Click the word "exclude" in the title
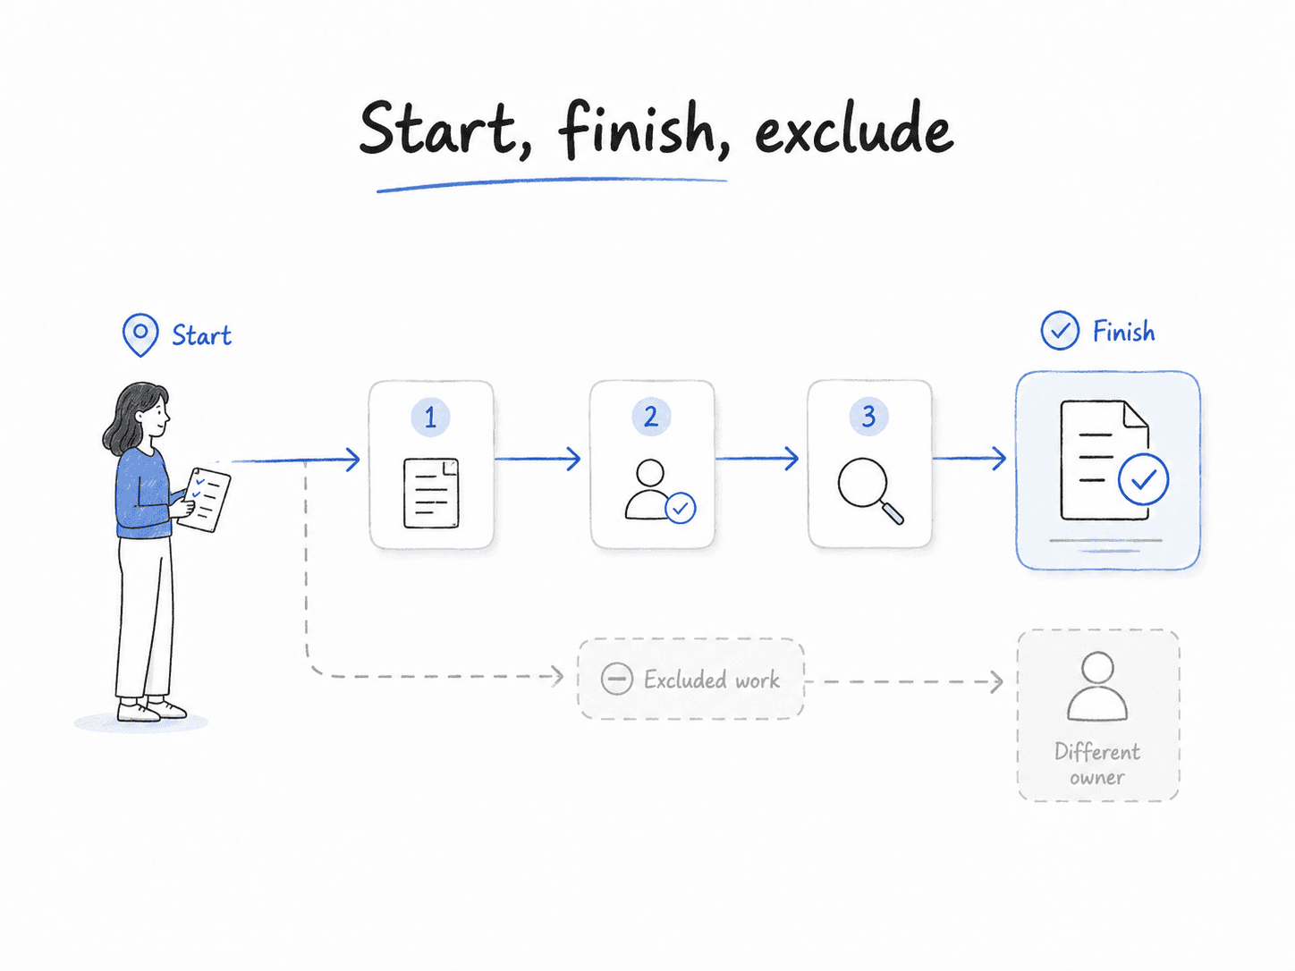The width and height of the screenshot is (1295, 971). [x=854, y=128]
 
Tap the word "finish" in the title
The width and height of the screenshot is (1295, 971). [x=644, y=131]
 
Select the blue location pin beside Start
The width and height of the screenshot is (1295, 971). [x=140, y=334]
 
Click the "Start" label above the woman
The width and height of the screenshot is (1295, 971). [x=201, y=335]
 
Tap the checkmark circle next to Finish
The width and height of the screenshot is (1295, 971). [x=1060, y=330]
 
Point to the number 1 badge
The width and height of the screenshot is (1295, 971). [x=430, y=417]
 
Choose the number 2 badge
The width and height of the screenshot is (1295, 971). [x=651, y=417]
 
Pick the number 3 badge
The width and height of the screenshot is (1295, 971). [x=868, y=417]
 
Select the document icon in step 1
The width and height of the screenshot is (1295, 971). [x=431, y=494]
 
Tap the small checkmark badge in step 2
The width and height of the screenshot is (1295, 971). [x=681, y=508]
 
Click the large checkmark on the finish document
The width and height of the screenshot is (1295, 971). [x=1143, y=478]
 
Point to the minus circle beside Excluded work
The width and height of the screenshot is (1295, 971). [x=616, y=679]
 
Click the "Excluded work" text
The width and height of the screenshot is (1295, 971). [x=712, y=680]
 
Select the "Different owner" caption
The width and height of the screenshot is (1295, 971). [x=1096, y=764]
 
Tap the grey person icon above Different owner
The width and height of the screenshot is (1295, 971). [x=1096, y=687]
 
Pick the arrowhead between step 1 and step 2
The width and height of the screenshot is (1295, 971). [x=572, y=459]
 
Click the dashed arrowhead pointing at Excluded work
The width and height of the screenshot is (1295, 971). [x=556, y=676]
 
